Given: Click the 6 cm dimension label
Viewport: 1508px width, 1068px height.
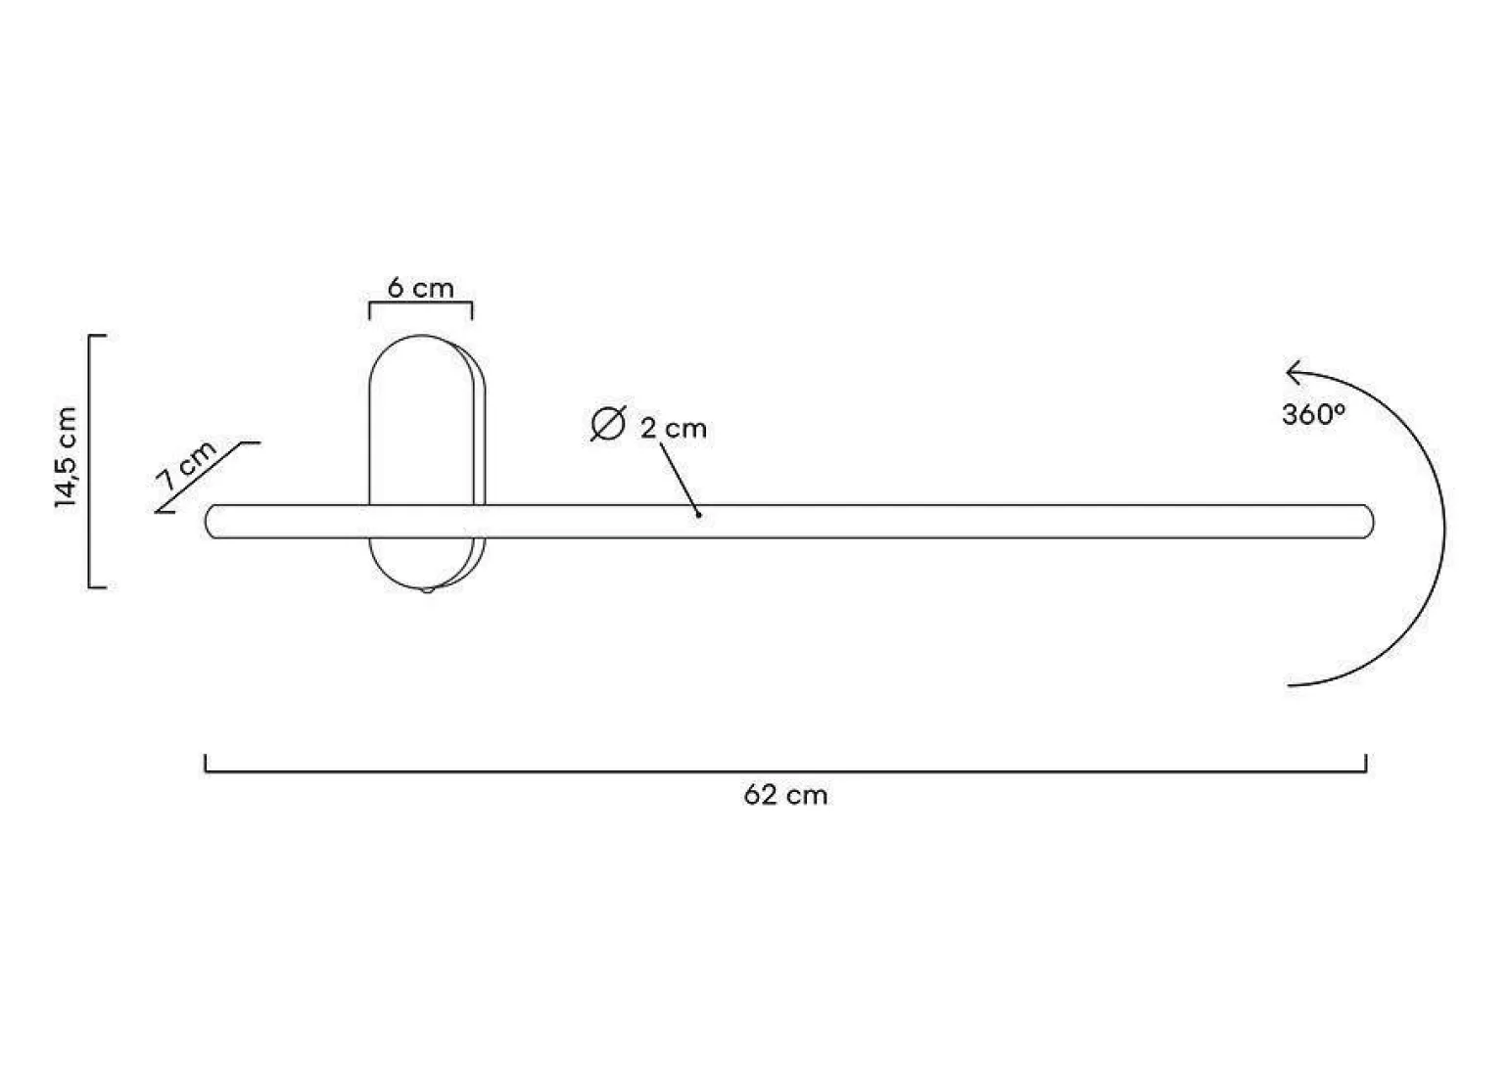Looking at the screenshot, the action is (x=421, y=289).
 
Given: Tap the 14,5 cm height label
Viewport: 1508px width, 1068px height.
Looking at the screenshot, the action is (x=68, y=457).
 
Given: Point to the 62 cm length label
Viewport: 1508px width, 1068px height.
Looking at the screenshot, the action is (x=785, y=796).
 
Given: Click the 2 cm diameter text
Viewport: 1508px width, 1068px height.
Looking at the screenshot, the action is (x=674, y=429).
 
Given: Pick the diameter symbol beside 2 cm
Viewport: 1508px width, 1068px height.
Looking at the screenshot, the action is (x=608, y=424).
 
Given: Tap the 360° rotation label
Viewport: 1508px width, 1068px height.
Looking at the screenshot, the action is (x=1313, y=414).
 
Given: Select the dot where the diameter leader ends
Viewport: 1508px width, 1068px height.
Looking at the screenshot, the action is (x=699, y=516).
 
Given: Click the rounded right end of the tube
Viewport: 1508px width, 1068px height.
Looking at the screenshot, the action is (x=1368, y=522).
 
